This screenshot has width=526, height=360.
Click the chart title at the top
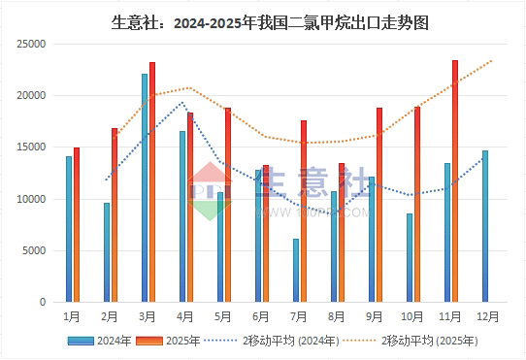tap(264, 20)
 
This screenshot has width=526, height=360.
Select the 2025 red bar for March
tap(152, 182)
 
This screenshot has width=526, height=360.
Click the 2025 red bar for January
tap(77, 225)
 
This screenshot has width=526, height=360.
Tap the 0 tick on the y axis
tap(43, 302)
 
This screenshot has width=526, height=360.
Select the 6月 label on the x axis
tap(261, 316)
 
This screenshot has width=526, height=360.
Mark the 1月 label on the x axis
tap(72, 316)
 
